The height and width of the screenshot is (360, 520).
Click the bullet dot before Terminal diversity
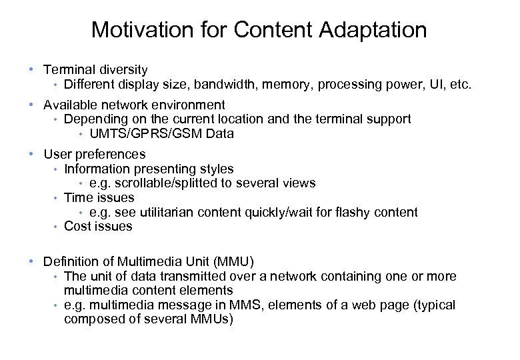(x=31, y=69)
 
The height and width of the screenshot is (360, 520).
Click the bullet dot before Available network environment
(x=31, y=105)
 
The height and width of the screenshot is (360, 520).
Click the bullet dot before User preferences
(x=31, y=155)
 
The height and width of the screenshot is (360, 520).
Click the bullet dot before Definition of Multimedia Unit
(x=31, y=261)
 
